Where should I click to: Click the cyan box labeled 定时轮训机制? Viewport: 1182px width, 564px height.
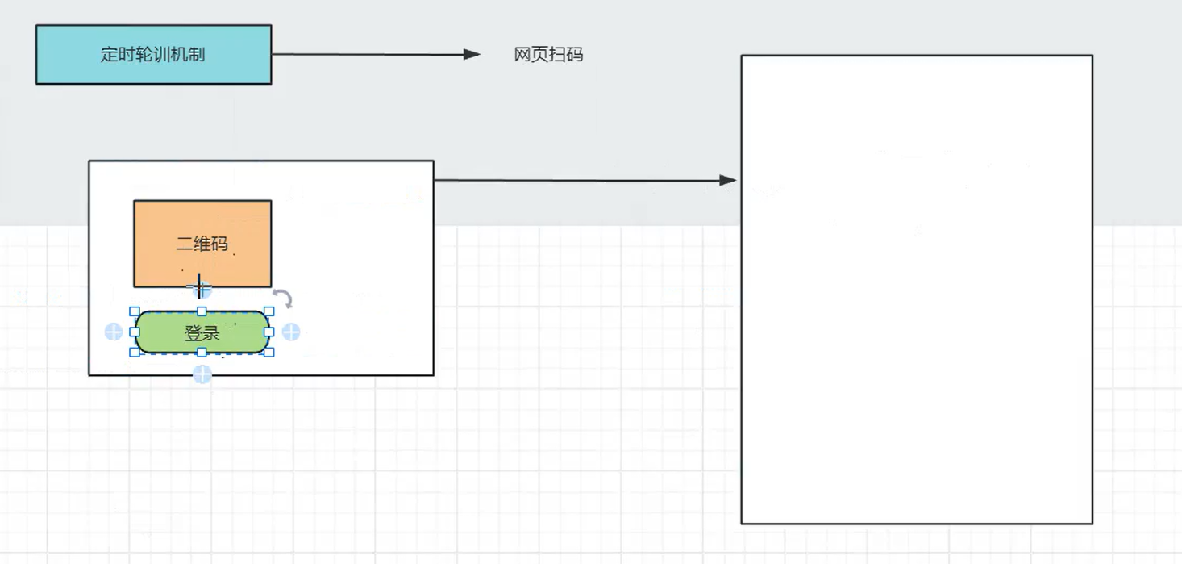[153, 54]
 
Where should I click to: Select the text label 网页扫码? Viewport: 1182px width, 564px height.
[548, 55]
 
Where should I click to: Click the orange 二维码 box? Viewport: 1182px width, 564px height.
[202, 243]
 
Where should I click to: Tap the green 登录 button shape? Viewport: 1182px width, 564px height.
[202, 332]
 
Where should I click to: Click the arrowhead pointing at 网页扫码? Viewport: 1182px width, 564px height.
[472, 55]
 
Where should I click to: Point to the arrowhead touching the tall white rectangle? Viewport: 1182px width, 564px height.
[728, 180]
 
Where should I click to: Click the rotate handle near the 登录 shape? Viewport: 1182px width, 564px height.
[282, 298]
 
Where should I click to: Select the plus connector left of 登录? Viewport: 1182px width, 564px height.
[114, 332]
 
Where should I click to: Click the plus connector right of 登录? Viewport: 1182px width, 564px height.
[291, 332]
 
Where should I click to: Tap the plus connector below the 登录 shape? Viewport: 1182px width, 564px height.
[202, 374]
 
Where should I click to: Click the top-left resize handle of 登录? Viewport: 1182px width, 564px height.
[135, 311]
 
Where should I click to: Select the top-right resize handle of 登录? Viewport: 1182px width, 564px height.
[269, 311]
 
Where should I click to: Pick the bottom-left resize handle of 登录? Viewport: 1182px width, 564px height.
[135, 353]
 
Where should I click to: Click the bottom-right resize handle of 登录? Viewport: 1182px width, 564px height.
[269, 353]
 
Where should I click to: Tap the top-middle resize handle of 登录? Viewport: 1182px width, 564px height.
[202, 311]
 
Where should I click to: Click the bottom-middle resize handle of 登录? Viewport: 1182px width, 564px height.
[202, 353]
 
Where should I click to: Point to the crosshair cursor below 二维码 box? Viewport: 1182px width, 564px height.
[199, 286]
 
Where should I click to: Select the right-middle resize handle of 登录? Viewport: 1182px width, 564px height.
[269, 332]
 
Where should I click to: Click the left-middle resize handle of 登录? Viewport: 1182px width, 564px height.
[135, 332]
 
